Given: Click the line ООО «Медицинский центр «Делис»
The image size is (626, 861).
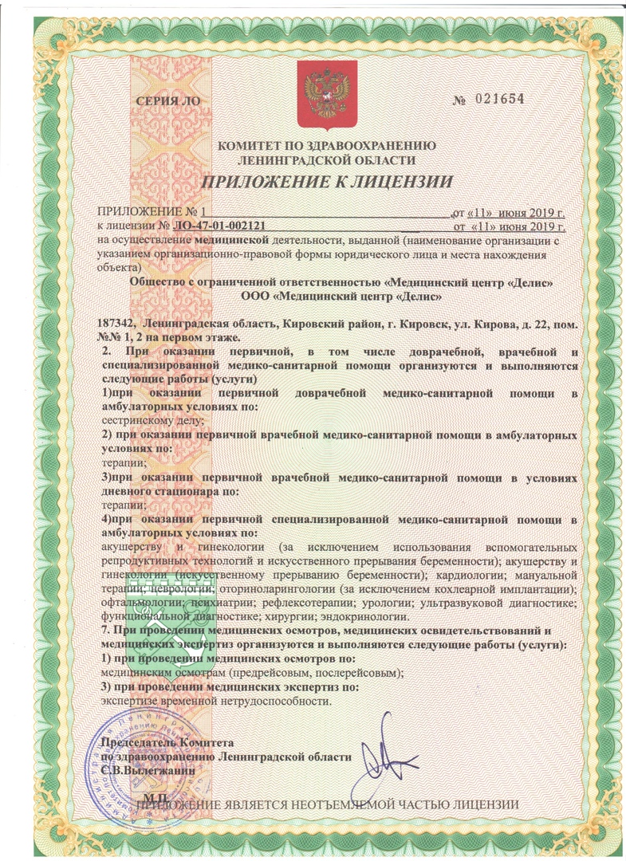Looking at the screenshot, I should coord(329,296).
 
